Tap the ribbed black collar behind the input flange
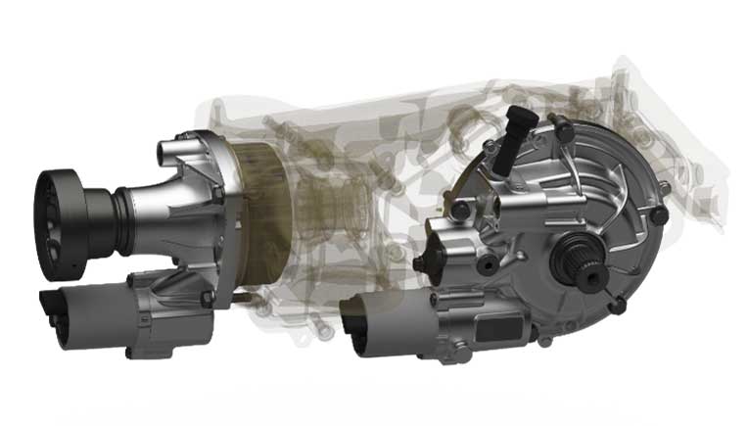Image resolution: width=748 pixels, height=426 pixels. point(101,217)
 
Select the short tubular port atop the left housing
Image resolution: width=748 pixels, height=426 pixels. point(166,152)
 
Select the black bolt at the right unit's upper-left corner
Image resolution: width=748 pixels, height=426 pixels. point(458,209)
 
